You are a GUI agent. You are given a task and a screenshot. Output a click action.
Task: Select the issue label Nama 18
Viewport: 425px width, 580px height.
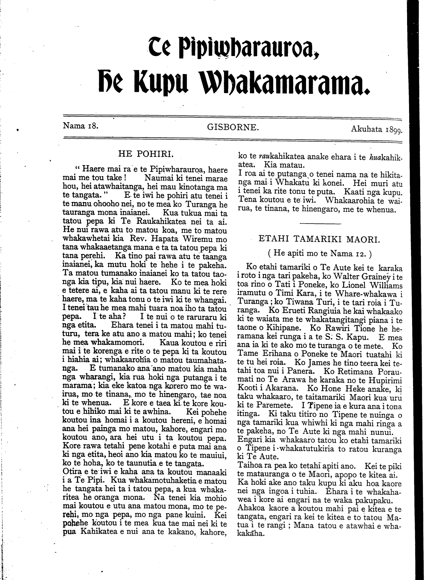pyautogui.click(x=80, y=126)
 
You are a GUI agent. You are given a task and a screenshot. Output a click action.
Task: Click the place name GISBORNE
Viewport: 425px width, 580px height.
pyautogui.click(x=232, y=127)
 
